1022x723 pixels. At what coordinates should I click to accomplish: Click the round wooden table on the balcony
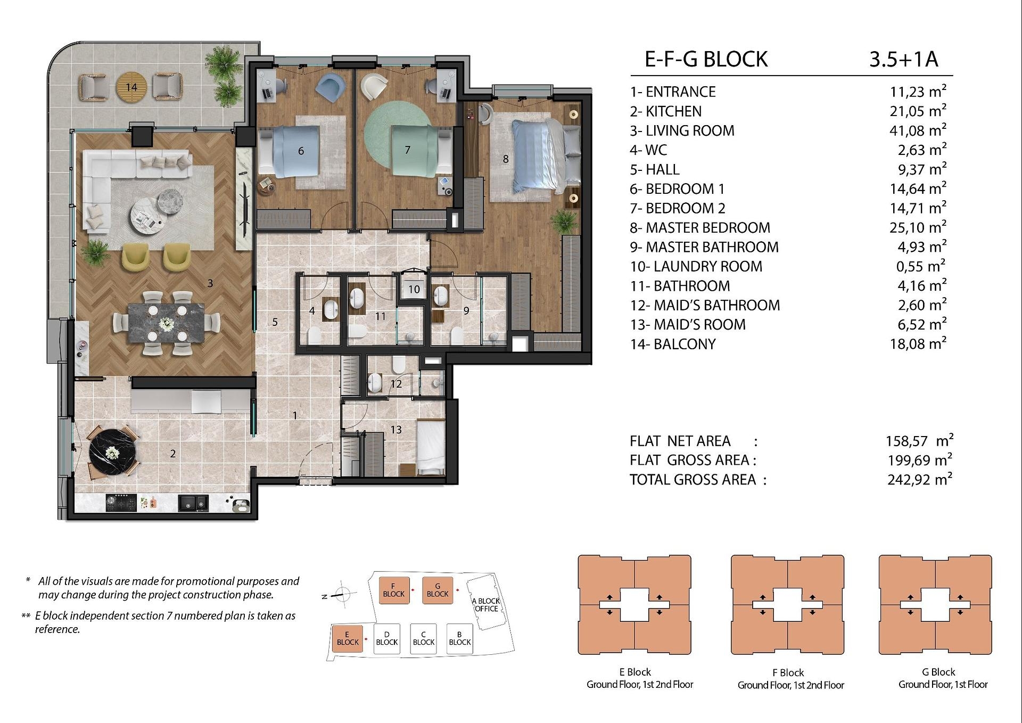[131, 86]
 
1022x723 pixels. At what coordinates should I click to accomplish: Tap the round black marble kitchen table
[113, 453]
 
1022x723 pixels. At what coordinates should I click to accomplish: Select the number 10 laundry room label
[414, 290]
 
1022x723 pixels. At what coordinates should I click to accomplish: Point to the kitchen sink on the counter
[193, 503]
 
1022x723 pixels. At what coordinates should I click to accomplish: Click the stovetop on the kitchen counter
[121, 503]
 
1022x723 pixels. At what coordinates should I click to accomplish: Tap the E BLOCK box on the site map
[348, 638]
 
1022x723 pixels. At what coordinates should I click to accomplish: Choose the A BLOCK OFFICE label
[486, 605]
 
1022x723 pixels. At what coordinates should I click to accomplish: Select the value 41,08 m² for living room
[918, 130]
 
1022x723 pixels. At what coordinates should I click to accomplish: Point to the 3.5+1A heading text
[903, 59]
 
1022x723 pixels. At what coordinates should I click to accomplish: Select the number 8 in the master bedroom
[506, 159]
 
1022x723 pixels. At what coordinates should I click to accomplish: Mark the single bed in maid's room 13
[431, 447]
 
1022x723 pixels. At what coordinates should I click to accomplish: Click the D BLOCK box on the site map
[387, 638]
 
